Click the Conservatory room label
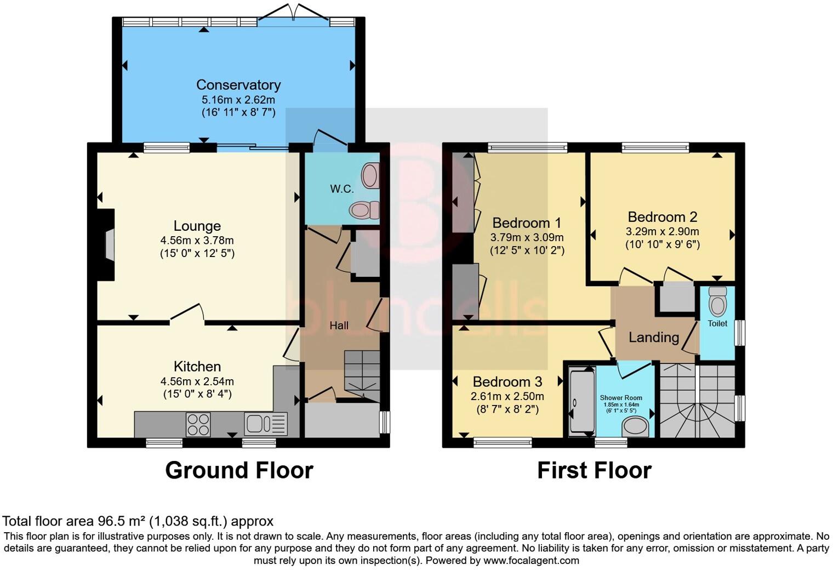coord(238,85)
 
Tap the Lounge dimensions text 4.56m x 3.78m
coord(197,241)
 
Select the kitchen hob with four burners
coord(198,424)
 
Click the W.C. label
coord(341,189)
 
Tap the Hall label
coord(339,326)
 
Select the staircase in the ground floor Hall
coord(362,373)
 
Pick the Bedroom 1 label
coord(527,223)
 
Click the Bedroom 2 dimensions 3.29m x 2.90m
coord(663,232)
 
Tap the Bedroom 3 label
coord(507,382)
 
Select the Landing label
coord(653,338)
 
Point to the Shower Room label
coord(621,398)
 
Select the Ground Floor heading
coord(239,471)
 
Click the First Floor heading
coord(594,471)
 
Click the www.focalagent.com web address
coord(530,561)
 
